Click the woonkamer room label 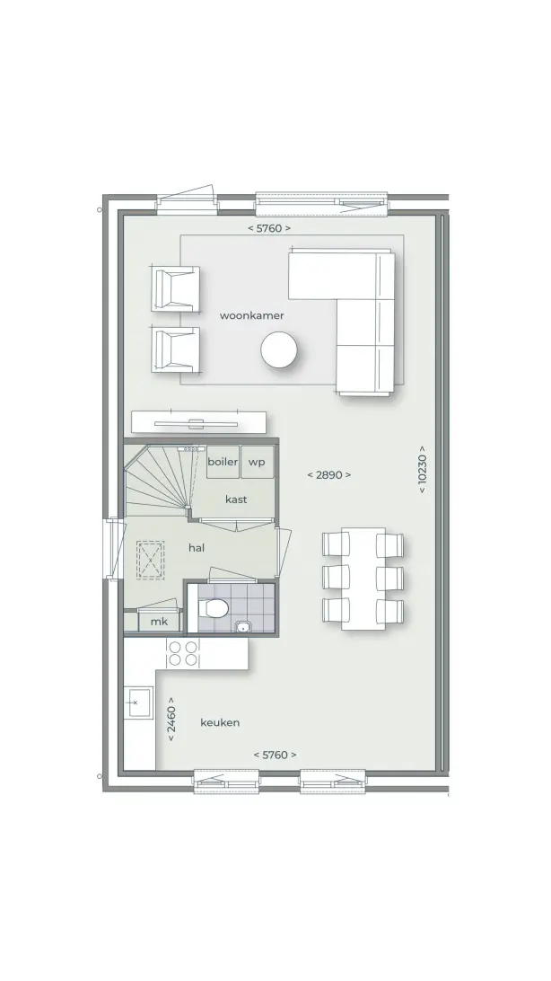tap(251, 315)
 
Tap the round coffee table tap(278, 349)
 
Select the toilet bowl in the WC tap(214, 607)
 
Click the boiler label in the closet tap(223, 462)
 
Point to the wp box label tap(257, 463)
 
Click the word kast tap(235, 499)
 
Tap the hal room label tap(197, 548)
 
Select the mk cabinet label tap(160, 622)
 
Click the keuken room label tap(220, 722)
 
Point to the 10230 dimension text tap(423, 469)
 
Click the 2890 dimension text tap(328, 475)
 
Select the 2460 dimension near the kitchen tap(171, 720)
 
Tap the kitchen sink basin tap(138, 703)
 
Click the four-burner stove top tap(183, 654)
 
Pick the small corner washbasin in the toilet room tap(241, 626)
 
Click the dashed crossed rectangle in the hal tap(151, 561)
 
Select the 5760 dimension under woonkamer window tap(268, 228)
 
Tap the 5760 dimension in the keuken tap(275, 756)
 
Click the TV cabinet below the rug tap(198, 422)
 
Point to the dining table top tap(363, 579)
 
